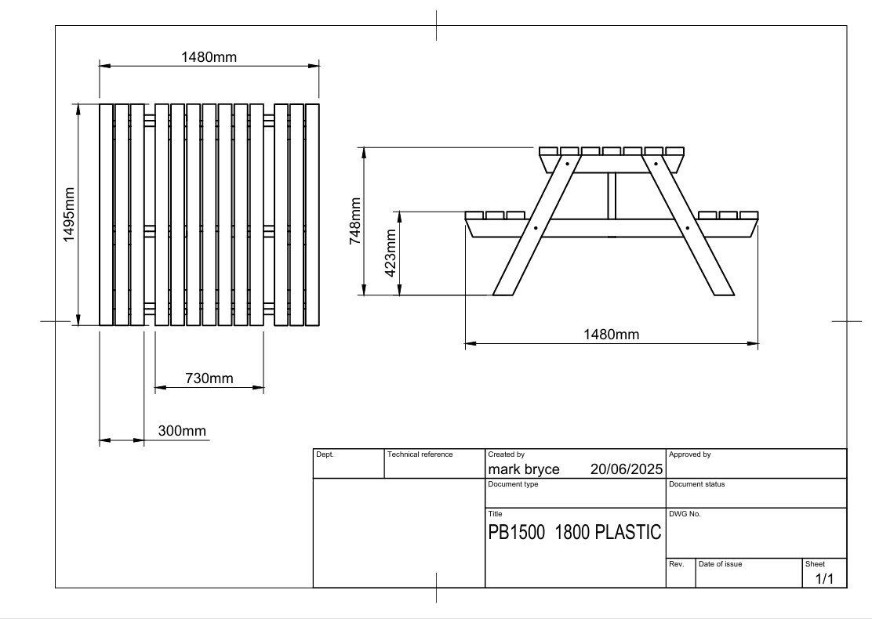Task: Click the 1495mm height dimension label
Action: point(69,215)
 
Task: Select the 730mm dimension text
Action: point(209,378)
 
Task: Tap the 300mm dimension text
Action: point(182,431)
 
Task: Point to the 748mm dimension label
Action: point(355,222)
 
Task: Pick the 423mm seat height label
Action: point(390,253)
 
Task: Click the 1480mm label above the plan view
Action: point(209,56)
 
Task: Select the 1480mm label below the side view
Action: point(611,335)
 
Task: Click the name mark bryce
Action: point(524,469)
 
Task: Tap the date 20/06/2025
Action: point(626,469)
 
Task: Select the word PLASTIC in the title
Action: point(627,533)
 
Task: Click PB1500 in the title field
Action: point(516,533)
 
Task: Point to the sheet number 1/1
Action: point(825,579)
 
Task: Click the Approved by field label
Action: point(689,454)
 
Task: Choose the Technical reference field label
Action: point(420,454)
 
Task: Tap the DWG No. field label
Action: point(685,514)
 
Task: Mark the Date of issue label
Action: point(720,564)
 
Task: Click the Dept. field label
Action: point(325,454)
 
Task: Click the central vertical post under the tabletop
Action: point(612,196)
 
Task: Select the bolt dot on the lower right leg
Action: point(688,228)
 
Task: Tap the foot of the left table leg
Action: point(503,292)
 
